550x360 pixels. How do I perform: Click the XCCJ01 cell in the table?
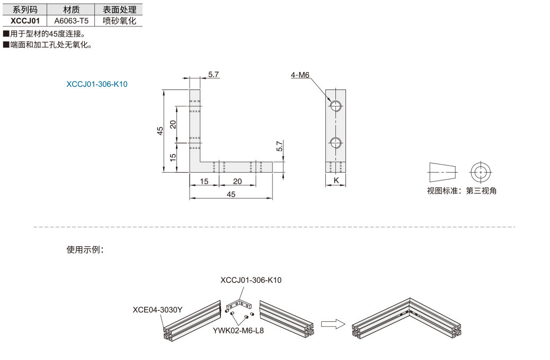pos(25,21)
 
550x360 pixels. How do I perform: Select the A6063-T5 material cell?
pos(71,21)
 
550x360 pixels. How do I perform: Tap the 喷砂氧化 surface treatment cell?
pos(119,21)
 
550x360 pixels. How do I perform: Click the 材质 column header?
pos(71,10)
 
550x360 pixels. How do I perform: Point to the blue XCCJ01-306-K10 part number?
pos(97,84)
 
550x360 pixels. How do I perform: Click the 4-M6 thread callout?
pos(300,75)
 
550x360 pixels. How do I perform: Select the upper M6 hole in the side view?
pos(336,105)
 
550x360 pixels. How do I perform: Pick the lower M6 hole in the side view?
pos(336,142)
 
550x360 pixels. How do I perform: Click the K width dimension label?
pos(336,180)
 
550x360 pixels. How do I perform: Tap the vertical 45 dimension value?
pos(160,131)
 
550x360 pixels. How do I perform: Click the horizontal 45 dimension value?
pos(231,194)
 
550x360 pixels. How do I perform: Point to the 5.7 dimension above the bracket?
pos(213,74)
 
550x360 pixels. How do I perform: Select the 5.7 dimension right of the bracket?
pos(279,146)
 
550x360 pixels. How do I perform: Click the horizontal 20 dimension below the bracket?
pos(237,181)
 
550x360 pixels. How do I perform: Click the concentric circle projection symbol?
pos(481,172)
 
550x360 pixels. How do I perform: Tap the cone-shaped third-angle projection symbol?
pos(442,172)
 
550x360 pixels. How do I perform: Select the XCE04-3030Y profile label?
pos(157,310)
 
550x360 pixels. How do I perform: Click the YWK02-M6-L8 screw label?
pos(238,330)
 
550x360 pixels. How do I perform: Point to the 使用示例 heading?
pos(85,249)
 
